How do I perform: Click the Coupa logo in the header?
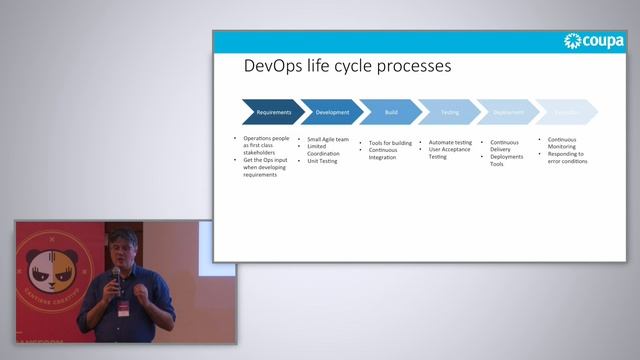tap(595, 41)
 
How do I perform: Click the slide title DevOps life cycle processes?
tap(347, 67)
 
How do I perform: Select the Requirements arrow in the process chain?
tap(272, 112)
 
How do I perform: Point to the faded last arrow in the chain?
tap(565, 112)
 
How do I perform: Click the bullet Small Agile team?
tap(328, 140)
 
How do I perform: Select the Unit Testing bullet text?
tap(322, 161)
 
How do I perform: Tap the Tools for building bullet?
tap(390, 143)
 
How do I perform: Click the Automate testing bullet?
tap(450, 143)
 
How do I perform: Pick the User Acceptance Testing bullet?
tap(451, 153)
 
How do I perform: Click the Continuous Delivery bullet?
tap(505, 146)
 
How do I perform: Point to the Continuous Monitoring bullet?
tap(561, 143)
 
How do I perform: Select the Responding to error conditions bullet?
tap(567, 157)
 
